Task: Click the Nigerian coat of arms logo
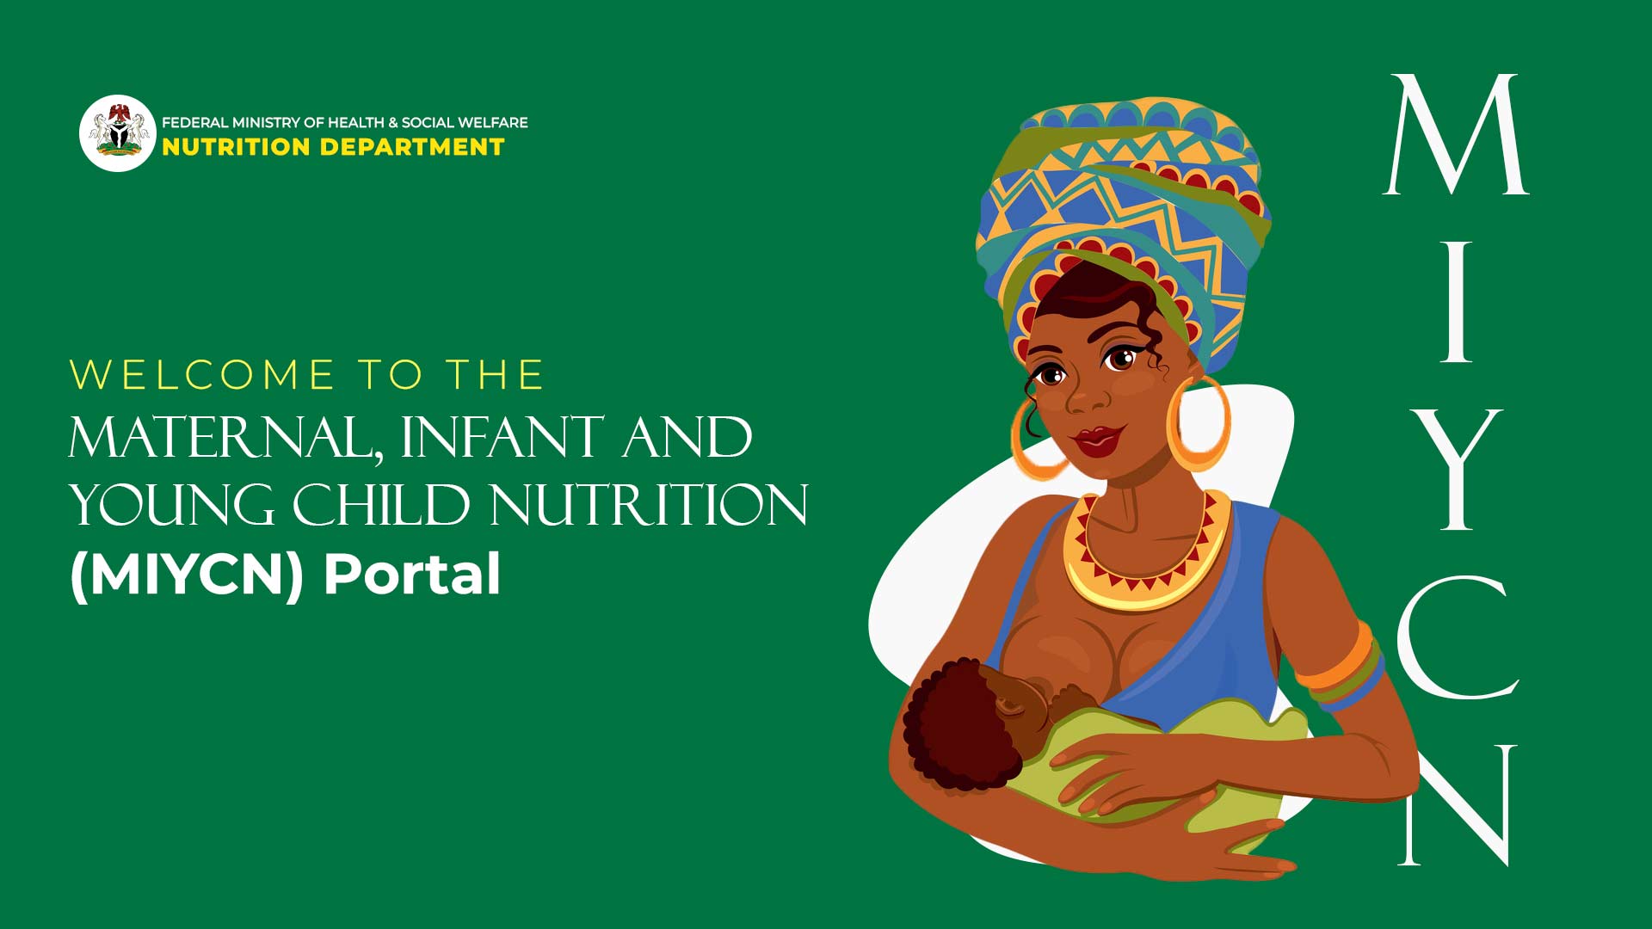(x=118, y=133)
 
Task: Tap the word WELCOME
(x=202, y=375)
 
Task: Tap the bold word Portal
(x=412, y=574)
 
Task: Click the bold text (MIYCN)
(x=188, y=575)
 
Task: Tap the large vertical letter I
(x=1456, y=302)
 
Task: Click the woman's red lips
(x=1099, y=440)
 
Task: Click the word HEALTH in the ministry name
(x=355, y=123)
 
